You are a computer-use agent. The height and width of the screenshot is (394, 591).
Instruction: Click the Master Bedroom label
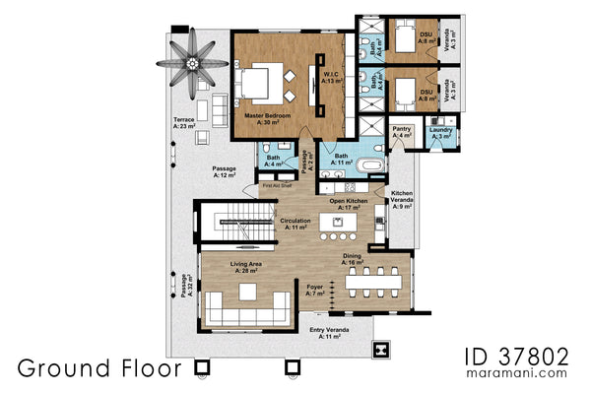tap(267, 118)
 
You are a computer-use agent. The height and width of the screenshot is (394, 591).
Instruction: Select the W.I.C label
tap(332, 77)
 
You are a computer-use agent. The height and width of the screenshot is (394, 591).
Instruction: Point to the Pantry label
tap(401, 131)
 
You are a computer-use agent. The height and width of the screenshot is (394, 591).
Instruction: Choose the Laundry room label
tap(440, 133)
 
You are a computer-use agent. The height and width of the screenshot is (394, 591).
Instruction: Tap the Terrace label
tap(183, 123)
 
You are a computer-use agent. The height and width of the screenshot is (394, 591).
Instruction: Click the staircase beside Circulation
tap(236, 226)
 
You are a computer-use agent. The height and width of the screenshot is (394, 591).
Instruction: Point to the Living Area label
tap(245, 267)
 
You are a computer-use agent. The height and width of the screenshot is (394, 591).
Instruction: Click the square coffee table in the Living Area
tap(246, 294)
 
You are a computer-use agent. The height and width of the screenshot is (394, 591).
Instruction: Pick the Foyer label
tap(314, 291)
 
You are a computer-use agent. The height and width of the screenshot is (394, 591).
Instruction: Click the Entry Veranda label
tap(324, 333)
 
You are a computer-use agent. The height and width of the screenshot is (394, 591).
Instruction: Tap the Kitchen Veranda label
tap(402, 199)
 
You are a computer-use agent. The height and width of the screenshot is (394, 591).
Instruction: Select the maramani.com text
tap(524, 373)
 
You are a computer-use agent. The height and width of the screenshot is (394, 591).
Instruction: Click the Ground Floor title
tap(98, 368)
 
